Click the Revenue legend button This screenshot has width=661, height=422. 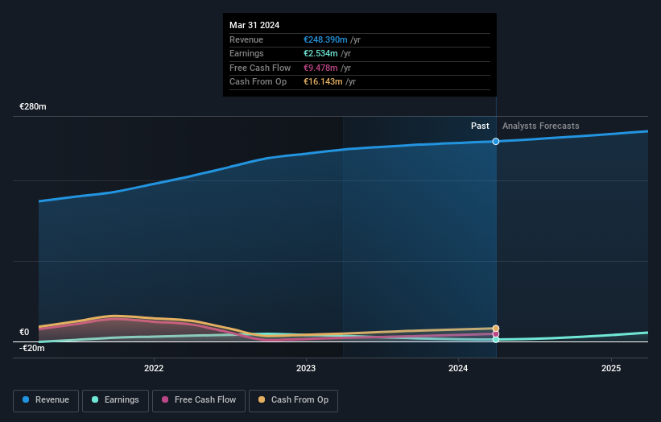pyautogui.click(x=47, y=399)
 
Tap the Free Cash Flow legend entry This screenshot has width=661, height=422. pyautogui.click(x=199, y=399)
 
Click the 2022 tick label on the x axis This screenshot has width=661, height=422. pyautogui.click(x=154, y=369)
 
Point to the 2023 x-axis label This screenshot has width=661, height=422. pyautogui.click(x=306, y=369)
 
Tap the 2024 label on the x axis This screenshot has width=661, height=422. pyautogui.click(x=458, y=369)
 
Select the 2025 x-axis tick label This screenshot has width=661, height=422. pyautogui.click(x=611, y=369)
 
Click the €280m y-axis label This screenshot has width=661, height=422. pyautogui.click(x=33, y=106)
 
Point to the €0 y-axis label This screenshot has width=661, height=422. pyautogui.click(x=24, y=332)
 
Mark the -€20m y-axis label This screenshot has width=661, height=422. pyautogui.click(x=32, y=348)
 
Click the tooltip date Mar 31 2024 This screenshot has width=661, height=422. pyautogui.click(x=254, y=25)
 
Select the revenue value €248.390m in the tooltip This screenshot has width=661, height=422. pyautogui.click(x=324, y=39)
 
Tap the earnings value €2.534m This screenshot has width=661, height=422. pyautogui.click(x=320, y=54)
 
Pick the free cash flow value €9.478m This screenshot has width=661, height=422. pyautogui.click(x=320, y=68)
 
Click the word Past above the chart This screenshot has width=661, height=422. pyautogui.click(x=480, y=126)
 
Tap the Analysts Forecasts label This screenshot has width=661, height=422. pyautogui.click(x=540, y=126)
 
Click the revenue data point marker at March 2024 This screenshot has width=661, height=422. pyautogui.click(x=496, y=141)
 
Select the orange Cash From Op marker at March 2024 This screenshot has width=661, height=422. pyautogui.click(x=496, y=329)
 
